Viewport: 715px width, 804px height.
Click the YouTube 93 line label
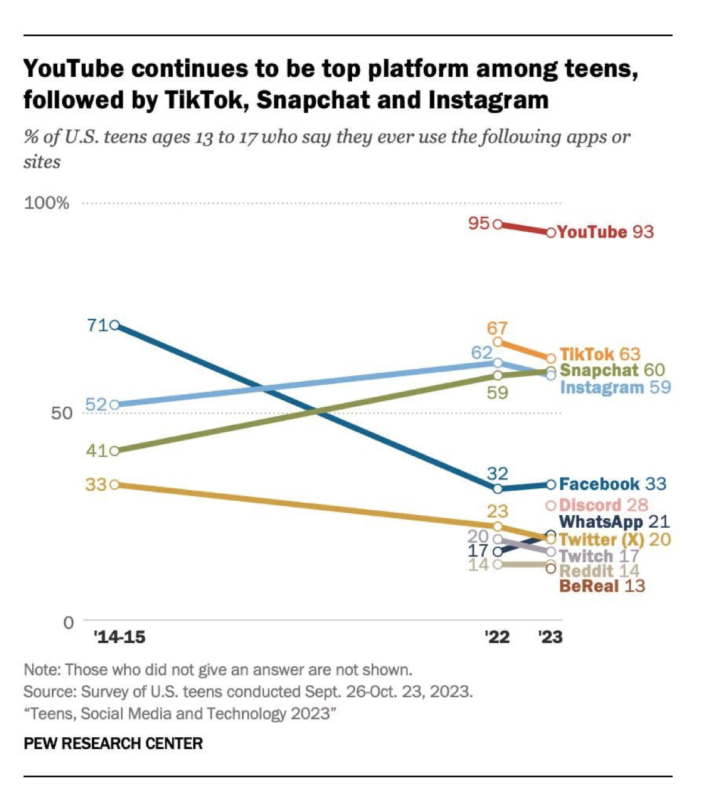[605, 232]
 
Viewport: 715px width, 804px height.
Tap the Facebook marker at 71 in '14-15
[116, 325]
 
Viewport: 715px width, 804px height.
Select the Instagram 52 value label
[96, 405]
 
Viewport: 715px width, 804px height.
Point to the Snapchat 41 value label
[97, 450]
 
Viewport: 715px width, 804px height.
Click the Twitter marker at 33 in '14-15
[116, 484]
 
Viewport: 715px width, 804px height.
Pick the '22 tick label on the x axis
[497, 637]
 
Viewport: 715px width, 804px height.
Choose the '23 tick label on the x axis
[550, 637]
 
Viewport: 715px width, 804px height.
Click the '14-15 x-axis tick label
[120, 637]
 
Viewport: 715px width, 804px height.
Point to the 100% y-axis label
[46, 203]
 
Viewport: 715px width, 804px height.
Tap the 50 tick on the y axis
[61, 413]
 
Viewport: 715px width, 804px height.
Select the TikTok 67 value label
[497, 328]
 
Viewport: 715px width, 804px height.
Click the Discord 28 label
[604, 505]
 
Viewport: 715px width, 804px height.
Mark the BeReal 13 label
[602, 586]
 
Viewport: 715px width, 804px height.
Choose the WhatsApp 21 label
[614, 522]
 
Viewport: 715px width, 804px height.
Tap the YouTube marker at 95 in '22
[498, 225]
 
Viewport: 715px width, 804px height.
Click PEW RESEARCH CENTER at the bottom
[113, 743]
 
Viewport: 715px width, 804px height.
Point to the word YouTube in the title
[74, 69]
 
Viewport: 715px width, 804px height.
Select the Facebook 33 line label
[613, 484]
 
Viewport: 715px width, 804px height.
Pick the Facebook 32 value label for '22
[498, 473]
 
